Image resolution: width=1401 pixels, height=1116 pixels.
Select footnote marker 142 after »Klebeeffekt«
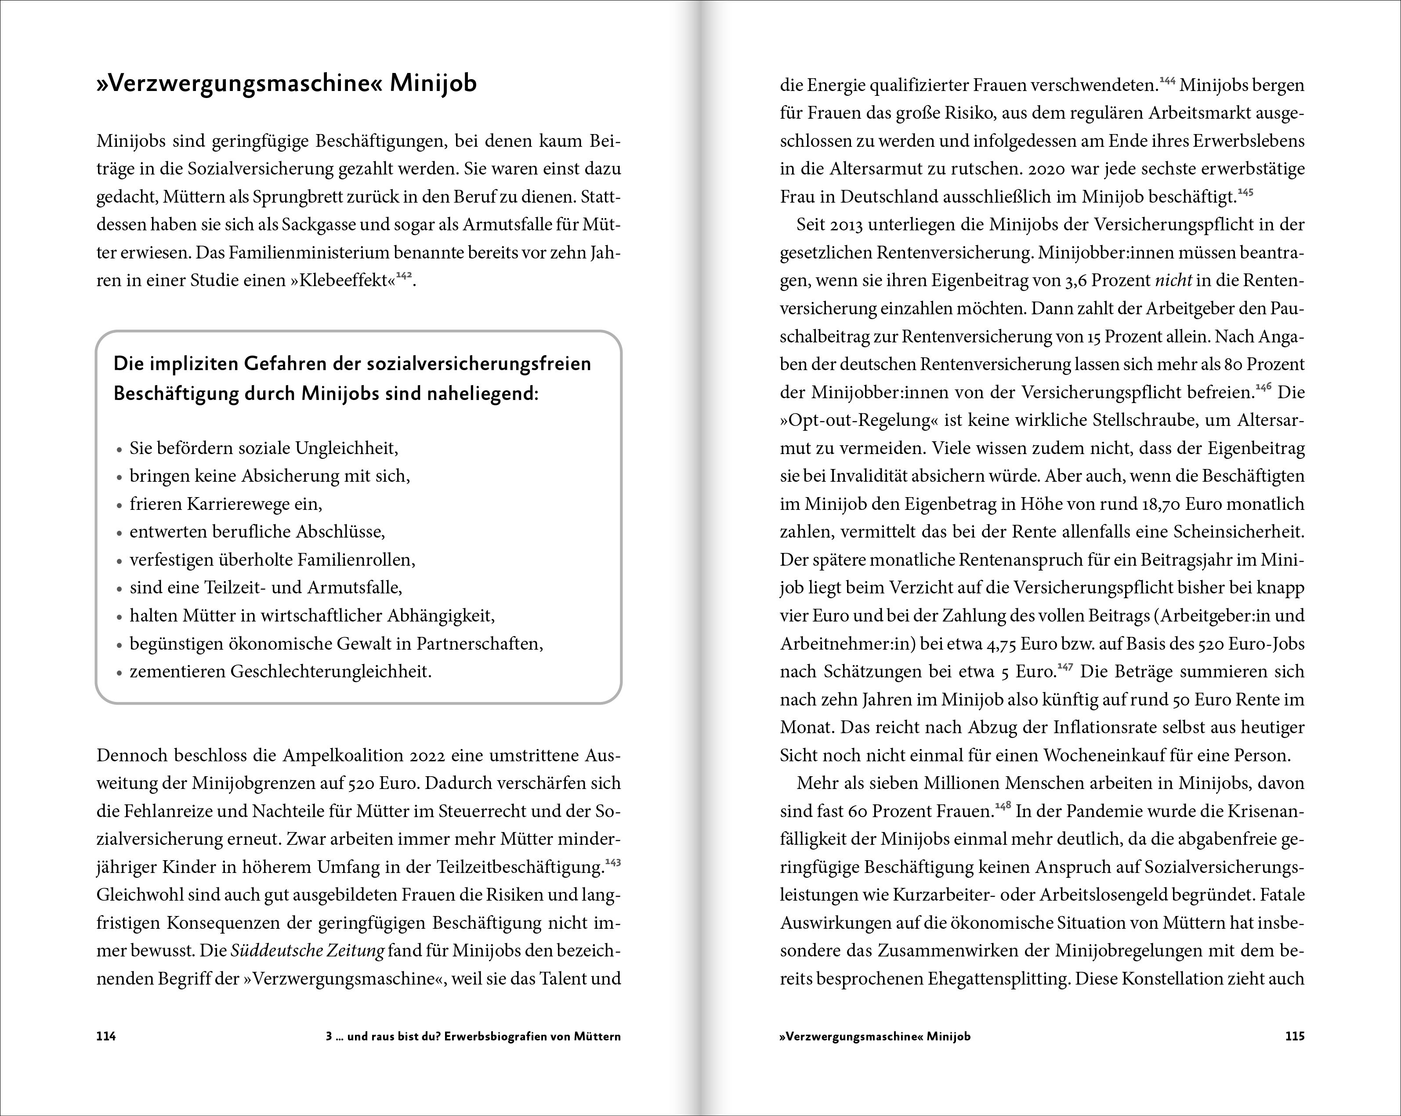click(404, 276)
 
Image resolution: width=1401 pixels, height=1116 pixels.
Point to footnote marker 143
click(613, 862)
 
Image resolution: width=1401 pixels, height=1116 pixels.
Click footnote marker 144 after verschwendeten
click(1168, 80)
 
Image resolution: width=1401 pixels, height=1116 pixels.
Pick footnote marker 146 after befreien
click(1263, 387)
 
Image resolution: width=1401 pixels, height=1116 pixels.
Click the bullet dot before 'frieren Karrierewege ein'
click(119, 505)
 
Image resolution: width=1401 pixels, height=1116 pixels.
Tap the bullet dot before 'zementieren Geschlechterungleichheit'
click(119, 673)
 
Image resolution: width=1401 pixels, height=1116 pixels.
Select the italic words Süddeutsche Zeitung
click(308, 951)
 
